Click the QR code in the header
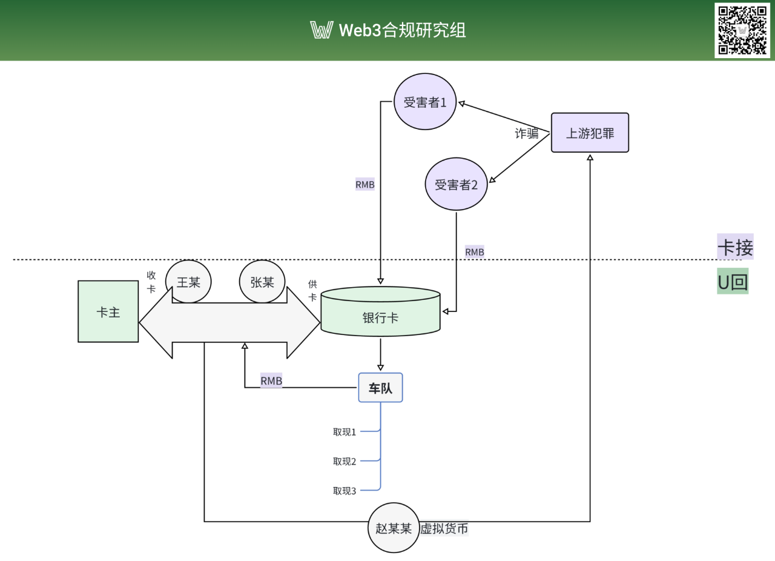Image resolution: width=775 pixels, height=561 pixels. click(x=742, y=30)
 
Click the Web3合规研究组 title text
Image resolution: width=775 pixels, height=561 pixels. click(x=402, y=30)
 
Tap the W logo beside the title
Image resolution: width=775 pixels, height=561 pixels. click(x=321, y=30)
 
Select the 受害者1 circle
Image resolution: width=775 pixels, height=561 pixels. click(x=425, y=102)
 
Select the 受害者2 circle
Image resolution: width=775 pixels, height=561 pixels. click(x=457, y=184)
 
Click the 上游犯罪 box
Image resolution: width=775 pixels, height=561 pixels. click(x=590, y=133)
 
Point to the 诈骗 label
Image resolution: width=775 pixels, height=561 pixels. click(x=526, y=134)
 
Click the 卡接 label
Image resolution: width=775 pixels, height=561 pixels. click(x=735, y=247)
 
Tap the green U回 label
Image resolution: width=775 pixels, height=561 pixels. click(x=733, y=282)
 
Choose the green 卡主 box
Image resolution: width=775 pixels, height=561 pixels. click(x=108, y=311)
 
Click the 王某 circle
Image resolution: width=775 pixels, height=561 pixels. click(x=188, y=282)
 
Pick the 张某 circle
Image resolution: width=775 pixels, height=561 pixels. click(x=262, y=282)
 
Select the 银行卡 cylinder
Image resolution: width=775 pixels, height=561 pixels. click(x=380, y=311)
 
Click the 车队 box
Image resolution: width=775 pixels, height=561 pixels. click(x=380, y=388)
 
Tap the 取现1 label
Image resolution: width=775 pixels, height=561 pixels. click(x=345, y=432)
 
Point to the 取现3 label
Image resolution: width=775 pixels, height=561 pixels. click(x=345, y=491)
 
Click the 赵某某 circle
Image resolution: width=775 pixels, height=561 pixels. click(x=394, y=528)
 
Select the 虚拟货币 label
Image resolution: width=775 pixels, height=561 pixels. click(x=444, y=528)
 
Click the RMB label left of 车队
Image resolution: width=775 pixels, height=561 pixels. click(x=271, y=381)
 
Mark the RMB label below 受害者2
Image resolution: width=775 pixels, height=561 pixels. click(x=475, y=251)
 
